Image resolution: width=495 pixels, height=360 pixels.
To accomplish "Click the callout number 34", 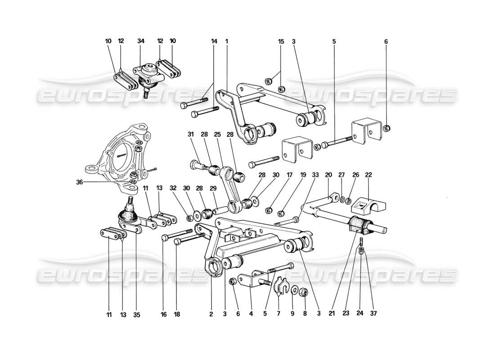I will pyautogui.click(x=141, y=41).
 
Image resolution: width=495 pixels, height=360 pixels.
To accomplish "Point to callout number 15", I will pyautogui.click(x=281, y=41).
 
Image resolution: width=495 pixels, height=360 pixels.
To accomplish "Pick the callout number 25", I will pyautogui.click(x=217, y=135).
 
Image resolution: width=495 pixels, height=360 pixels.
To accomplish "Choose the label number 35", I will pyautogui.click(x=136, y=315).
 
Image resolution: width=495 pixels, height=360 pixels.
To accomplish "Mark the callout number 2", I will pyautogui.click(x=211, y=315).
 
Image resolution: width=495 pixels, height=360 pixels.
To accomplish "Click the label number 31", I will pyautogui.click(x=191, y=135).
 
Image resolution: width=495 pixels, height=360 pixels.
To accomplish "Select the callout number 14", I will pyautogui.click(x=214, y=41).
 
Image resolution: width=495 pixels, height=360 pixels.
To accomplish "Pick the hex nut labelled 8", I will pyautogui.click(x=303, y=293).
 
